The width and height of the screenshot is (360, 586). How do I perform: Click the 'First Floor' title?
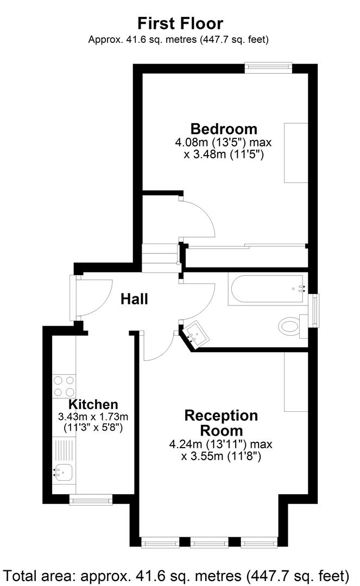click(x=180, y=23)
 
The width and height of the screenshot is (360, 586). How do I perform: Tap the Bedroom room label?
click(x=223, y=129)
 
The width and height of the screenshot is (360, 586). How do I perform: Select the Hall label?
click(x=134, y=298)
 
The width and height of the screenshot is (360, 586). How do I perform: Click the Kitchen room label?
click(x=93, y=404)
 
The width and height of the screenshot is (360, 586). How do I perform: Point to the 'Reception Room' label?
click(x=221, y=423)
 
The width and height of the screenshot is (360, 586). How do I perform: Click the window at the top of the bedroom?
click(x=268, y=68)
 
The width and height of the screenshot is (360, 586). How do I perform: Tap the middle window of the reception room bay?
click(x=209, y=542)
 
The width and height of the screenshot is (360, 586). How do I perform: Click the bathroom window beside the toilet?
click(x=313, y=311)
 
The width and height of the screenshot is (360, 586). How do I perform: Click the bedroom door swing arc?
click(x=198, y=217)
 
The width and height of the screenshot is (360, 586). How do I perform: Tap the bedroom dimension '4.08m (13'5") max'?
click(x=223, y=143)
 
